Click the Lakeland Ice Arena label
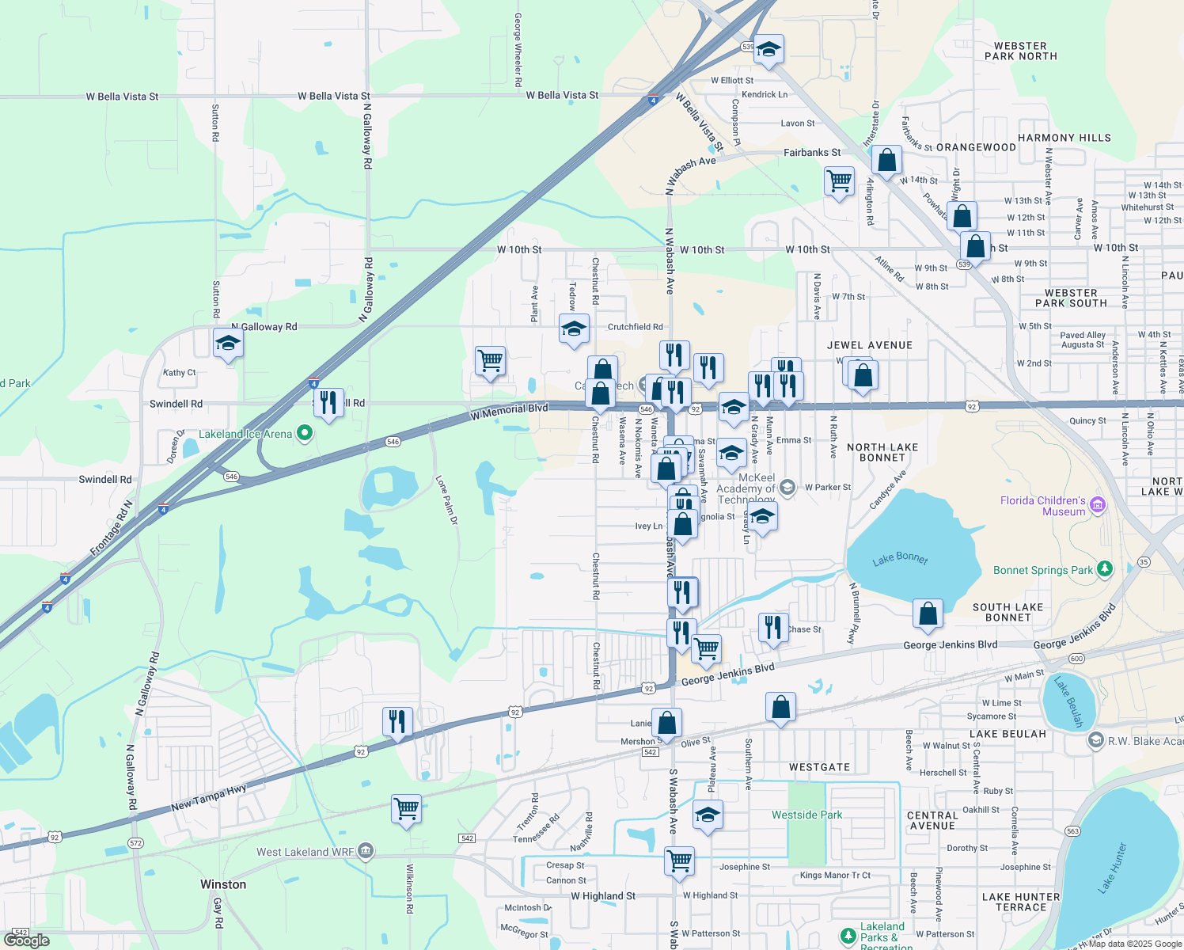(x=245, y=434)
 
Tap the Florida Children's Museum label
(x=1042, y=506)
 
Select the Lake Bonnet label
(x=900, y=558)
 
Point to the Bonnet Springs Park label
(x=1042, y=570)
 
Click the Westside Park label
(x=806, y=815)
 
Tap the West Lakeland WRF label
(x=305, y=852)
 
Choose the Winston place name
(x=223, y=884)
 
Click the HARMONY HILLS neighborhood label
(x=1064, y=138)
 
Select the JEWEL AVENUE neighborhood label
(x=869, y=345)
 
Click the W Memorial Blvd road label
(x=509, y=412)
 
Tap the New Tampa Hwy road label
(x=209, y=798)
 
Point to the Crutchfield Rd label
(x=635, y=327)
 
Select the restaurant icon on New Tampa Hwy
(x=397, y=722)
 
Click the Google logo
(x=27, y=940)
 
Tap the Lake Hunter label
(x=1111, y=868)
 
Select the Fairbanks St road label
(x=812, y=153)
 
